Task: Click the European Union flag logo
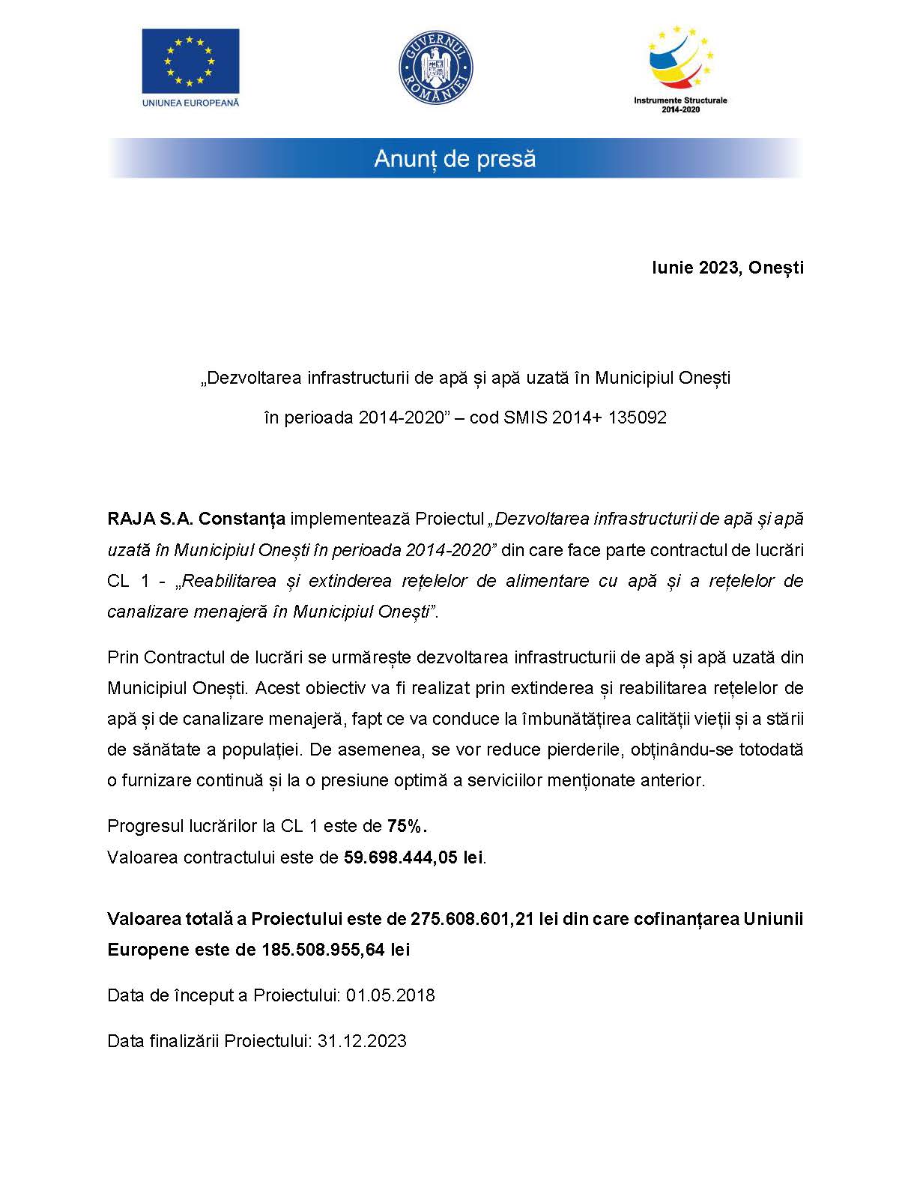tap(190, 59)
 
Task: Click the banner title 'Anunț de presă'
tap(455, 159)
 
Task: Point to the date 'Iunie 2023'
tap(693, 268)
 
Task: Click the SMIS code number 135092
tap(638, 417)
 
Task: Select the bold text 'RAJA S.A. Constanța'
tap(196, 519)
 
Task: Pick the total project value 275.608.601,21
tap(472, 919)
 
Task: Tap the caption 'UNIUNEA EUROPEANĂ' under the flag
tap(190, 103)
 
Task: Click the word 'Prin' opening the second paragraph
tap(123, 657)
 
